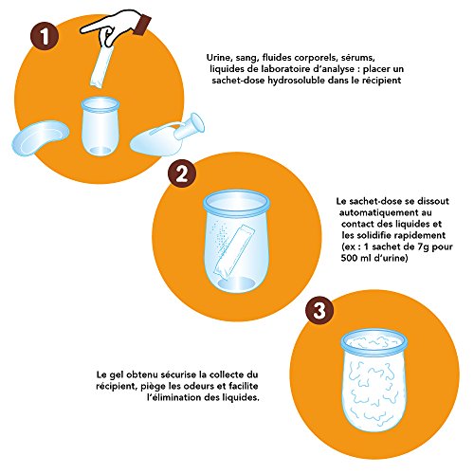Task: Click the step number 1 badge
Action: point(45,36)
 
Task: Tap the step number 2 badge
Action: point(182,173)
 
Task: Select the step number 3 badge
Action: point(319,310)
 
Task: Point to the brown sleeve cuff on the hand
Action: point(142,25)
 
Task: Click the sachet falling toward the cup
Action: point(101,66)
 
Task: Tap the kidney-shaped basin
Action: point(40,137)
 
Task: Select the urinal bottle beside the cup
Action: point(167,136)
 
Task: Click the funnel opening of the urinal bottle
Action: point(196,122)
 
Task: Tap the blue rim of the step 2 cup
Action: point(237,203)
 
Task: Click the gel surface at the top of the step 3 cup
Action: point(374,342)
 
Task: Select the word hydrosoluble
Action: point(296,81)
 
